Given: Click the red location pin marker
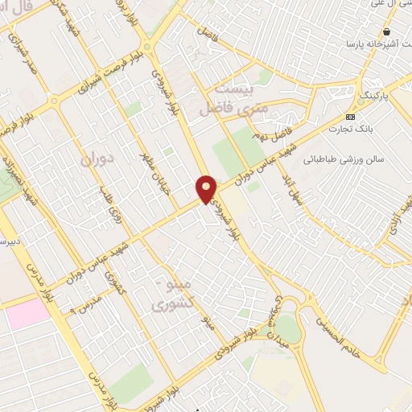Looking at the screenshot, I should [207, 188].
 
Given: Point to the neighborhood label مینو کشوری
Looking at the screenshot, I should [172, 295].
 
